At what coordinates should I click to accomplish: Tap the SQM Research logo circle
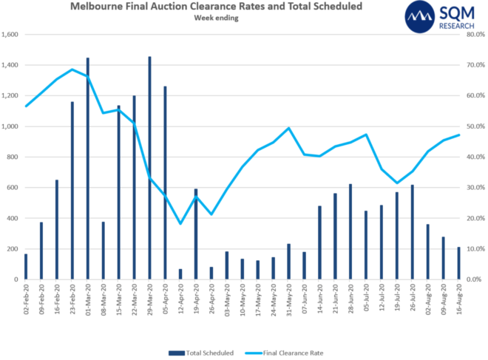(x=424, y=17)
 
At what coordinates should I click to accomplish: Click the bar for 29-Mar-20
(x=149, y=168)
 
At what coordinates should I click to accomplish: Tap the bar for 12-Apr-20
(x=180, y=274)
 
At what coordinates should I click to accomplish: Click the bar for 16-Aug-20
(x=458, y=263)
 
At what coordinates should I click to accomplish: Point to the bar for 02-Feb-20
(x=26, y=267)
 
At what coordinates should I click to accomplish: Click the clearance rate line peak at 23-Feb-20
(x=72, y=69)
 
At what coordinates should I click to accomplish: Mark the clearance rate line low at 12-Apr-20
(x=180, y=223)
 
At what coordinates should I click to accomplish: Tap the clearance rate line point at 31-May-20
(x=288, y=128)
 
